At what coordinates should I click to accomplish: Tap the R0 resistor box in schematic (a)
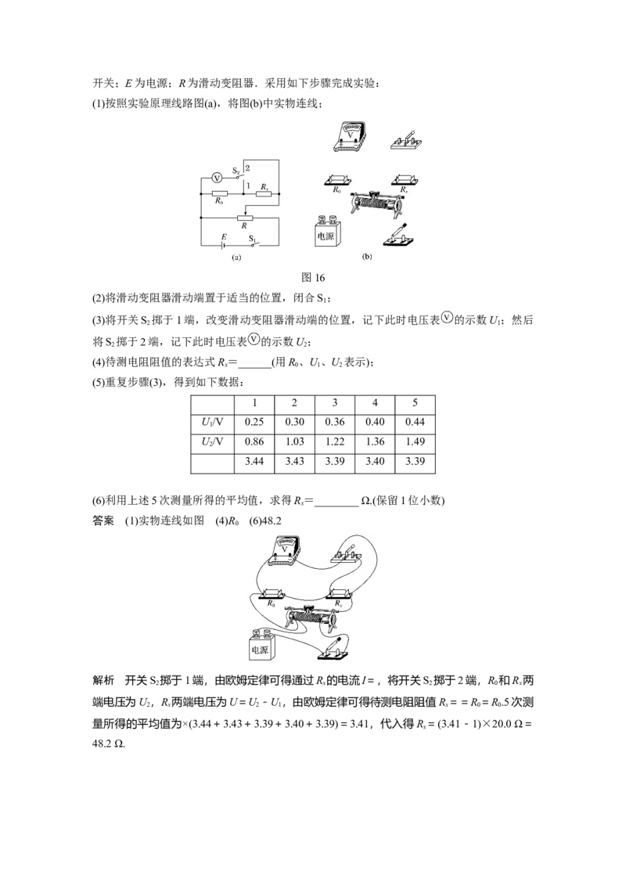point(220,193)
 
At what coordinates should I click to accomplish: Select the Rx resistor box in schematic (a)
point(264,193)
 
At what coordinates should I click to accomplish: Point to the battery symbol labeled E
point(224,245)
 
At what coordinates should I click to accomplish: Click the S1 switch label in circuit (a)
point(253,239)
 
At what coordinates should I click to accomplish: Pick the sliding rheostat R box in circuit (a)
point(244,218)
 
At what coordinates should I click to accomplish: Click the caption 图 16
point(313,277)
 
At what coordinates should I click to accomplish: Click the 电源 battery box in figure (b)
point(326,231)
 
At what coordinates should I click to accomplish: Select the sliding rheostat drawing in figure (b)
point(377,201)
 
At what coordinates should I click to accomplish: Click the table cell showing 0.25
point(254,422)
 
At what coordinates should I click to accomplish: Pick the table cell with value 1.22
point(334,442)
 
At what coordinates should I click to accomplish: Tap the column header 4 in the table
point(375,403)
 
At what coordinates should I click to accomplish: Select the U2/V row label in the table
point(212,442)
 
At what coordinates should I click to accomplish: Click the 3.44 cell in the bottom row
point(254,462)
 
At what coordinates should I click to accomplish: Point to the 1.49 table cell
point(416,442)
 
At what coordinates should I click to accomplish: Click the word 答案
point(103,520)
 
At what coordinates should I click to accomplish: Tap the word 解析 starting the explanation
point(103,680)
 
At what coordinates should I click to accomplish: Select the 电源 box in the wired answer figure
point(260,644)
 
